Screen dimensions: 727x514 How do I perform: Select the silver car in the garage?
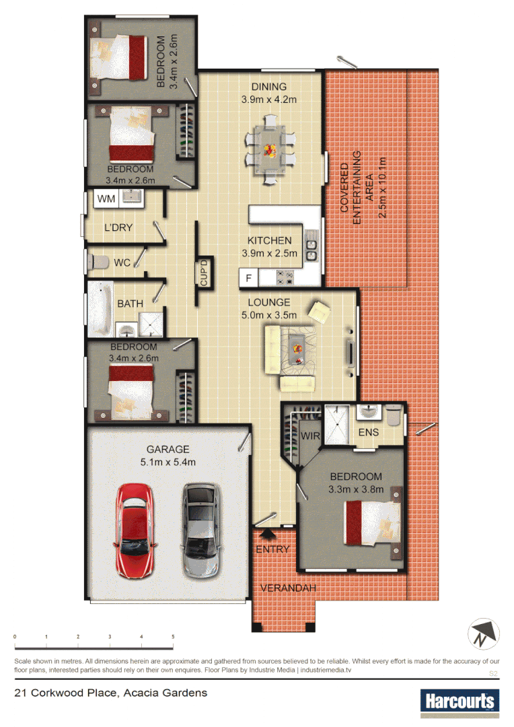202,530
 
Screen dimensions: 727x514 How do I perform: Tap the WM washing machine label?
106,199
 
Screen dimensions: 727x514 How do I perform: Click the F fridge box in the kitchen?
248,277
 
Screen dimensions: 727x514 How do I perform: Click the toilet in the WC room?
99,262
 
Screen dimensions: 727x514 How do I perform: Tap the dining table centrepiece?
270,149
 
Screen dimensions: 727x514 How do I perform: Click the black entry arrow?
267,534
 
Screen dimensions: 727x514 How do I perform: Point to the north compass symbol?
483,633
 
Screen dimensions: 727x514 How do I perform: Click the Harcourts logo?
460,701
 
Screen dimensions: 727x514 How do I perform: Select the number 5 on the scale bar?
173,636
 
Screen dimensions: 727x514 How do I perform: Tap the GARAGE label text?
168,449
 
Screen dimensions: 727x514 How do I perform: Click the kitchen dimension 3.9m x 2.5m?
269,254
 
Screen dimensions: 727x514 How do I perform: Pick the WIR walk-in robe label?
310,436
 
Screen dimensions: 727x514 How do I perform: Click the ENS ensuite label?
368,431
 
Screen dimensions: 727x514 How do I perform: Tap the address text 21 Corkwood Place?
110,693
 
